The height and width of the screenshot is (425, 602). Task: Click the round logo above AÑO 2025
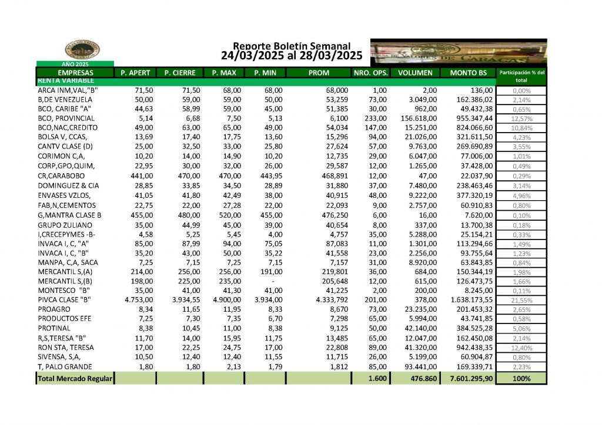pyautogui.click(x=82, y=50)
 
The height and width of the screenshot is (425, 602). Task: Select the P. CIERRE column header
pyautogui.click(x=179, y=73)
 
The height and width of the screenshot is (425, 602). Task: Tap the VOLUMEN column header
pyautogui.click(x=416, y=73)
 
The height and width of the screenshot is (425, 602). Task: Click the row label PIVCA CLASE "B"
pyautogui.click(x=64, y=299)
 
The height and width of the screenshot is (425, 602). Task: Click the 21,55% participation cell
pyautogui.click(x=521, y=299)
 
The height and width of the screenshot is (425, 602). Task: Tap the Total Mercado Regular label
pyautogui.click(x=75, y=379)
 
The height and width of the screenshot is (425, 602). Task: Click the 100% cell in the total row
pyautogui.click(x=521, y=379)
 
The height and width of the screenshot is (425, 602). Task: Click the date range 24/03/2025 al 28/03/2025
pyautogui.click(x=292, y=56)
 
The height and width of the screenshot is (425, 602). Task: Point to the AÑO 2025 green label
pyautogui.click(x=75, y=63)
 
